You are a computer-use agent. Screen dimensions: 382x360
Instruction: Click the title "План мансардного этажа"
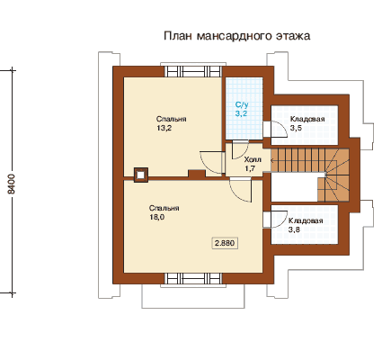[x=236, y=36]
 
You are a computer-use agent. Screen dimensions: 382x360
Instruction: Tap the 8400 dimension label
[x=11, y=184]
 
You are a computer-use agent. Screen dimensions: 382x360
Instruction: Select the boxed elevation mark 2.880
[x=225, y=243]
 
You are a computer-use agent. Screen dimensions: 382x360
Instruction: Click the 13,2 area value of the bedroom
[x=164, y=128]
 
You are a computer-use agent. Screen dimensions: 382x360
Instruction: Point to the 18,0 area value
[x=156, y=217]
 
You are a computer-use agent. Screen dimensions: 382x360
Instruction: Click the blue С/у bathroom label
[x=242, y=104]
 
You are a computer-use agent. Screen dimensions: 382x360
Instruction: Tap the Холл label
[x=253, y=159]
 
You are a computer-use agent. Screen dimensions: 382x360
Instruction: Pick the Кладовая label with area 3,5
[x=307, y=119]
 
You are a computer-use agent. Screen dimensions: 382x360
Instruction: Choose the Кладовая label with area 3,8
[x=306, y=220]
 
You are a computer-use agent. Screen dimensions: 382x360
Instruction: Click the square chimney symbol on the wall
[x=140, y=175]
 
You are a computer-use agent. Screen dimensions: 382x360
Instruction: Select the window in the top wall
[x=193, y=72]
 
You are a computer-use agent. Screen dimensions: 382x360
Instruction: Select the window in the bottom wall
[x=193, y=278]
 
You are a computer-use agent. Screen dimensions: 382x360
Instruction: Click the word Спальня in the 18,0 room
[x=164, y=208]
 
